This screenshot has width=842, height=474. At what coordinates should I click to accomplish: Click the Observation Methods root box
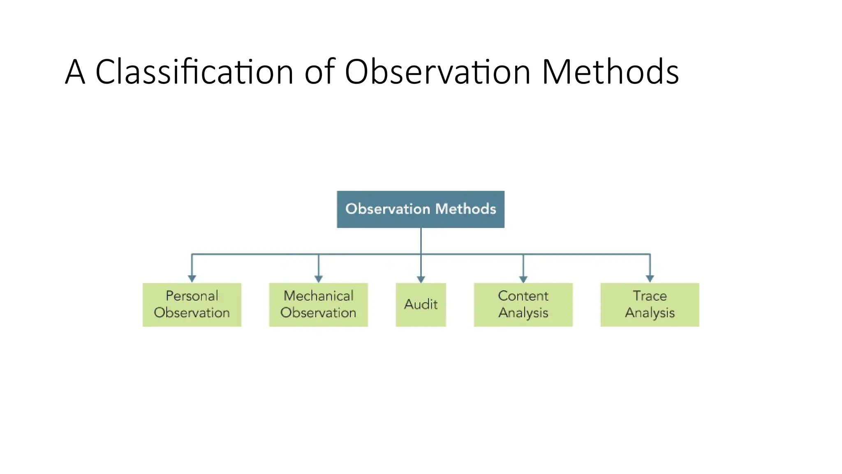point(420,209)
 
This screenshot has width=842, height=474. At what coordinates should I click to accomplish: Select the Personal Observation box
point(192,304)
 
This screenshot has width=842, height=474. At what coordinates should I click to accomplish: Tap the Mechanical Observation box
point(318,304)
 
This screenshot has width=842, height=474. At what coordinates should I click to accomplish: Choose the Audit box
point(421,304)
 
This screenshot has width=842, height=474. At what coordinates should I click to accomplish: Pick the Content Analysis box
point(523,304)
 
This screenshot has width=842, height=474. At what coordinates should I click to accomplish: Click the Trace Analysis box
point(650,304)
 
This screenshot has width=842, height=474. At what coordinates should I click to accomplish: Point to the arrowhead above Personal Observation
point(192,279)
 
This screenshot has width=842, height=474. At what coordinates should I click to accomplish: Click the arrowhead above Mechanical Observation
point(319,279)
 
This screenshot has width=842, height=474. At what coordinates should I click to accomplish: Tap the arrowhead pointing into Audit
point(421,279)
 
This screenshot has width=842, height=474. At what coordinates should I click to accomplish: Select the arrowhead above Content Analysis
point(523,279)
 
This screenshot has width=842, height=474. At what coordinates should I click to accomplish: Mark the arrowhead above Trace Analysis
point(650,279)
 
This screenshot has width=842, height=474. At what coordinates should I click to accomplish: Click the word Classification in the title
point(194,72)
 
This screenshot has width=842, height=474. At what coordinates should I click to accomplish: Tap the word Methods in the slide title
point(610,72)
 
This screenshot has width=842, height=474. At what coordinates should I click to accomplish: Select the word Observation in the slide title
point(437,72)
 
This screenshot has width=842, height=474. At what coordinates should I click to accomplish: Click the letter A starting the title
point(75,72)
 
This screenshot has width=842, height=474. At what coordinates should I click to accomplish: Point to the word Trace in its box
point(650,296)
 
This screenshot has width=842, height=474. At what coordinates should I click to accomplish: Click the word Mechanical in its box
point(318,296)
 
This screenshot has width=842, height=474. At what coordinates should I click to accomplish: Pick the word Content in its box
point(523,296)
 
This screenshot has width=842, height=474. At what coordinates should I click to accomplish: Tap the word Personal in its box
point(192,296)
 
